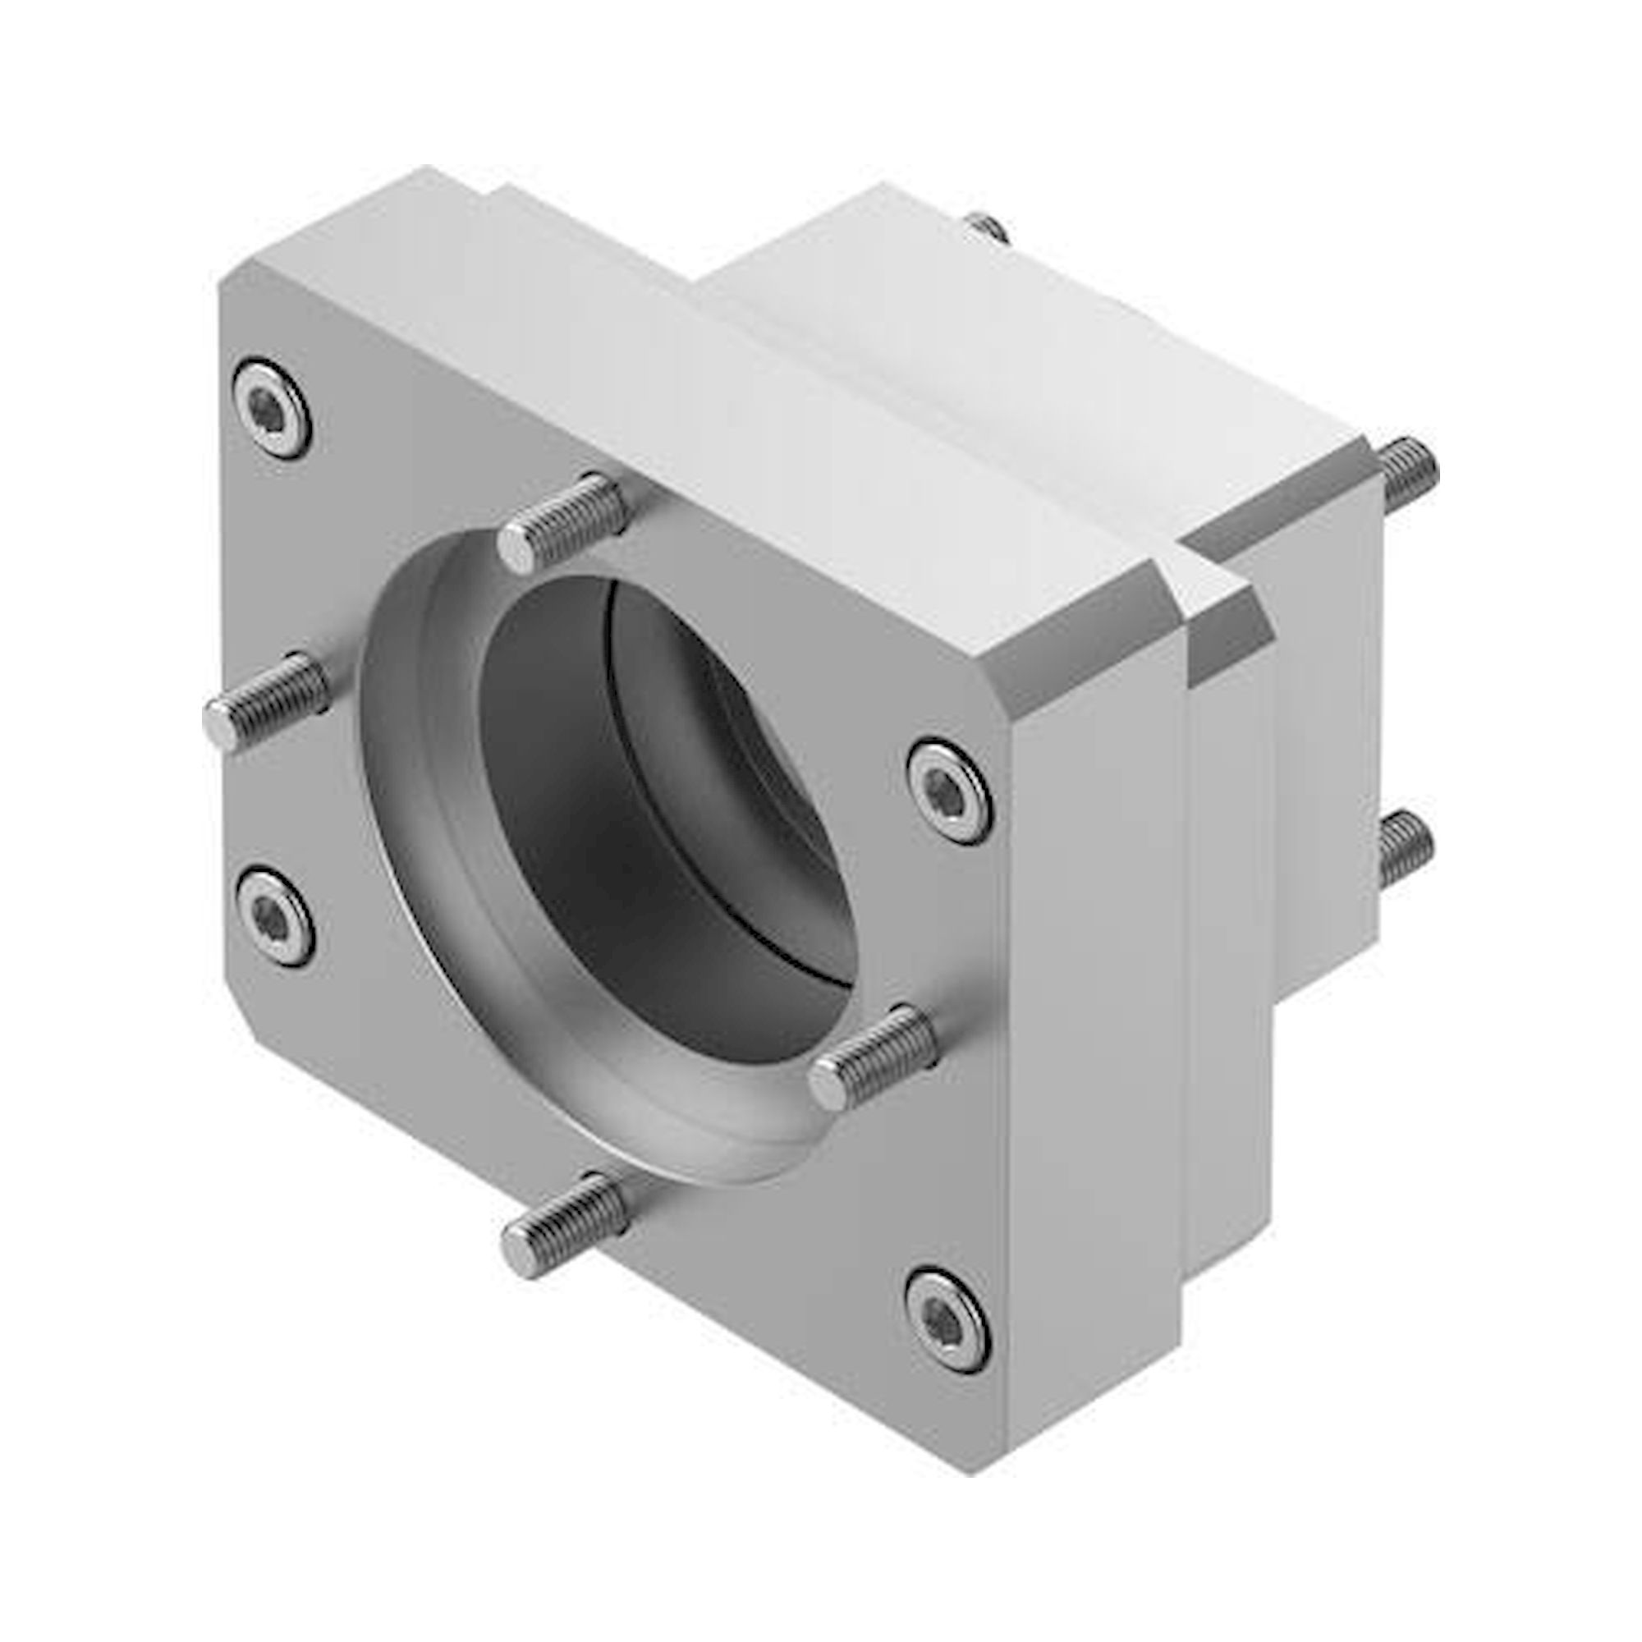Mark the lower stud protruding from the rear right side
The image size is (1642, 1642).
[x=1404, y=846]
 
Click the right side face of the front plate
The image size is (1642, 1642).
[x=1096, y=1020]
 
